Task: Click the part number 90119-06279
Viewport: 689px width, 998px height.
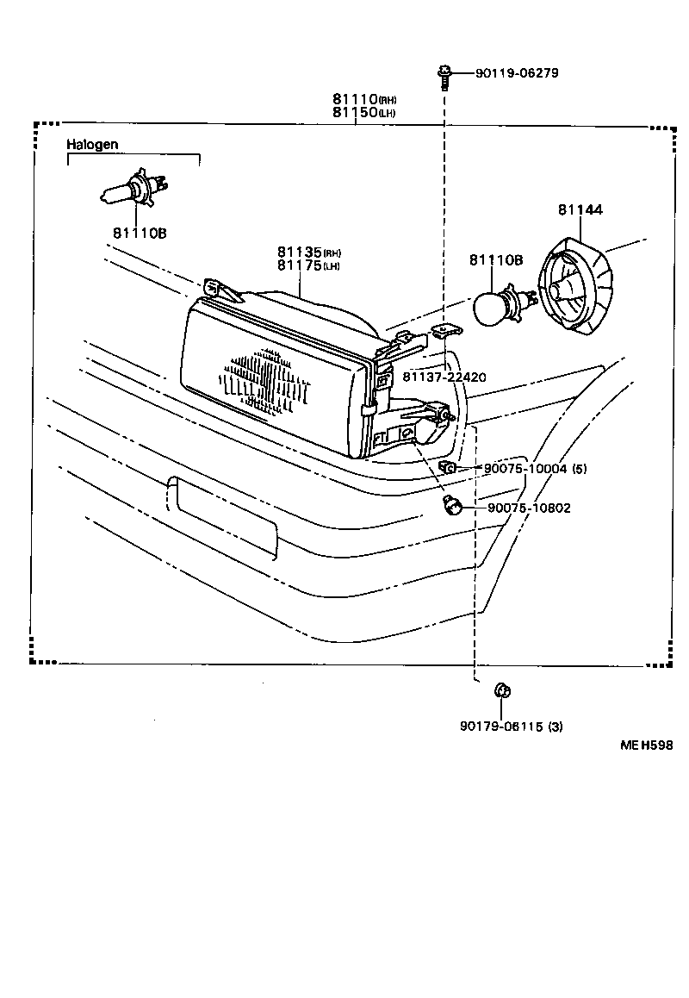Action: click(x=517, y=73)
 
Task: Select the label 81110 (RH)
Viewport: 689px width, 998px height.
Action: click(x=366, y=100)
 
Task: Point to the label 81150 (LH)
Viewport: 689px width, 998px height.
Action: click(x=364, y=113)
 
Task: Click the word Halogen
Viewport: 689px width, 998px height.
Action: click(x=92, y=145)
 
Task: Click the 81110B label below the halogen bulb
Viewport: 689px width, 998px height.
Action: click(x=138, y=234)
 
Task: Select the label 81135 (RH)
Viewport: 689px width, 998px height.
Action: click(x=309, y=252)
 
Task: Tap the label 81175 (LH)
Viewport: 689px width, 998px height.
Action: click(x=309, y=265)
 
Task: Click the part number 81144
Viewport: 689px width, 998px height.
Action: click(x=580, y=209)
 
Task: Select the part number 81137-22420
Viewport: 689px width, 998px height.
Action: click(x=444, y=377)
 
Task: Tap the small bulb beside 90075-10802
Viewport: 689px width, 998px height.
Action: click(x=451, y=507)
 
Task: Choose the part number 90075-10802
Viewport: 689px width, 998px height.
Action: click(x=529, y=508)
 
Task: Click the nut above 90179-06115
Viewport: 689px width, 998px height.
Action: click(x=500, y=690)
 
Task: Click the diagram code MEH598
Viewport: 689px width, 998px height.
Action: click(x=646, y=745)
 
